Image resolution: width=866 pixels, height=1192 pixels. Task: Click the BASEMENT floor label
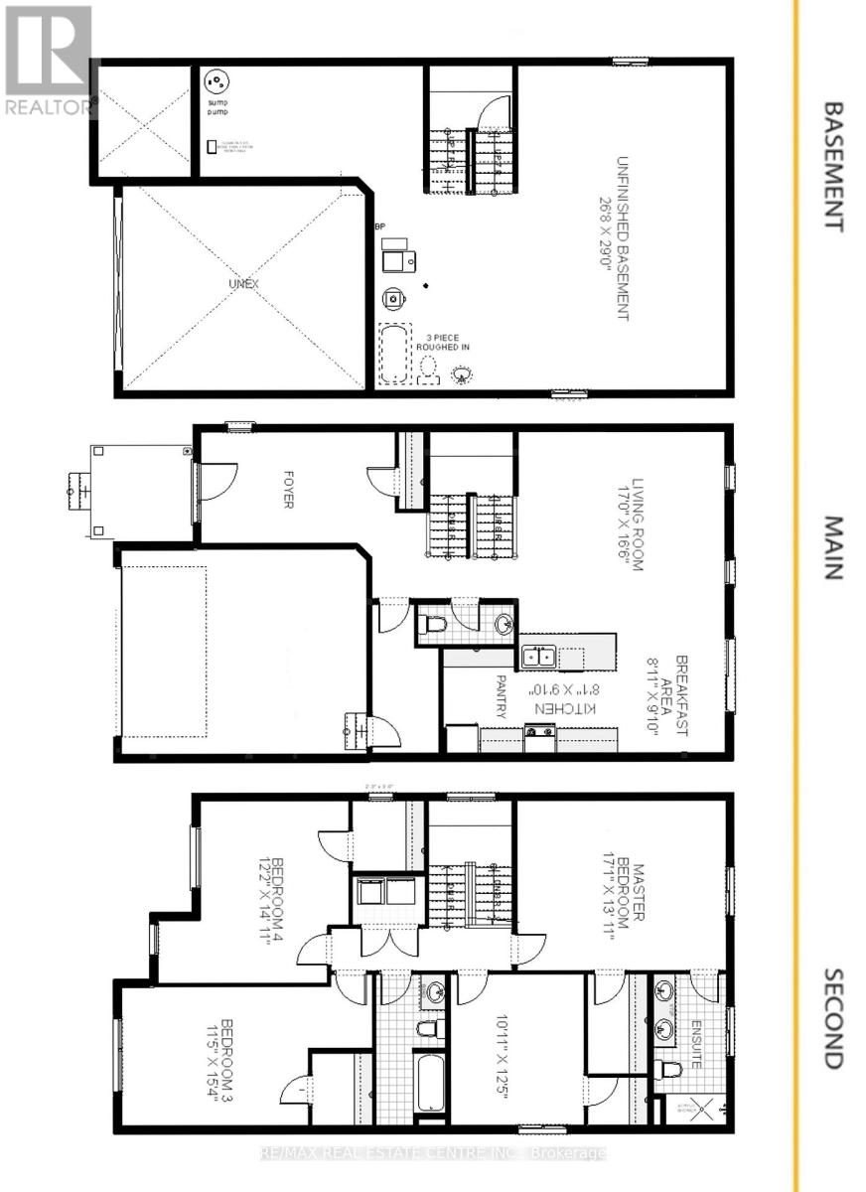[x=832, y=166]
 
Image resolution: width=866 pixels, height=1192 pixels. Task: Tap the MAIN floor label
[x=832, y=547]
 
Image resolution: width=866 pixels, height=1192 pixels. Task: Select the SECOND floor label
[x=832, y=1018]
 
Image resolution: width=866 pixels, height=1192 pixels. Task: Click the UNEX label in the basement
[x=243, y=284]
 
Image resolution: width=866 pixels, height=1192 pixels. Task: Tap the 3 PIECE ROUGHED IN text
[x=447, y=342]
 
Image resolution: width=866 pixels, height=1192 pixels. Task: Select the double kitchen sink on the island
[x=539, y=657]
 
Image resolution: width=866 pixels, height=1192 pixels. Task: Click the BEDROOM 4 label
[x=272, y=899]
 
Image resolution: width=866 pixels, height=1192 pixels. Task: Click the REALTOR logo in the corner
[x=47, y=60]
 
